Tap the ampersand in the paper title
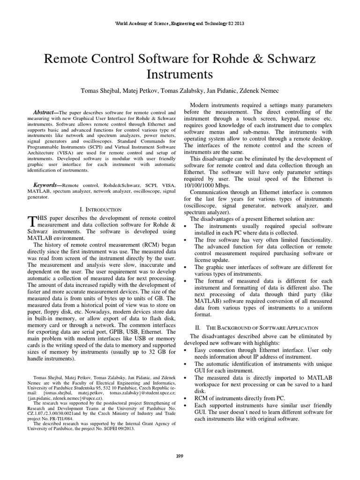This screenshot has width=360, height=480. [x=250, y=59]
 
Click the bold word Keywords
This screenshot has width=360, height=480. [x=47, y=186]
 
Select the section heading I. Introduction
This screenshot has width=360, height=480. [x=101, y=210]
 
